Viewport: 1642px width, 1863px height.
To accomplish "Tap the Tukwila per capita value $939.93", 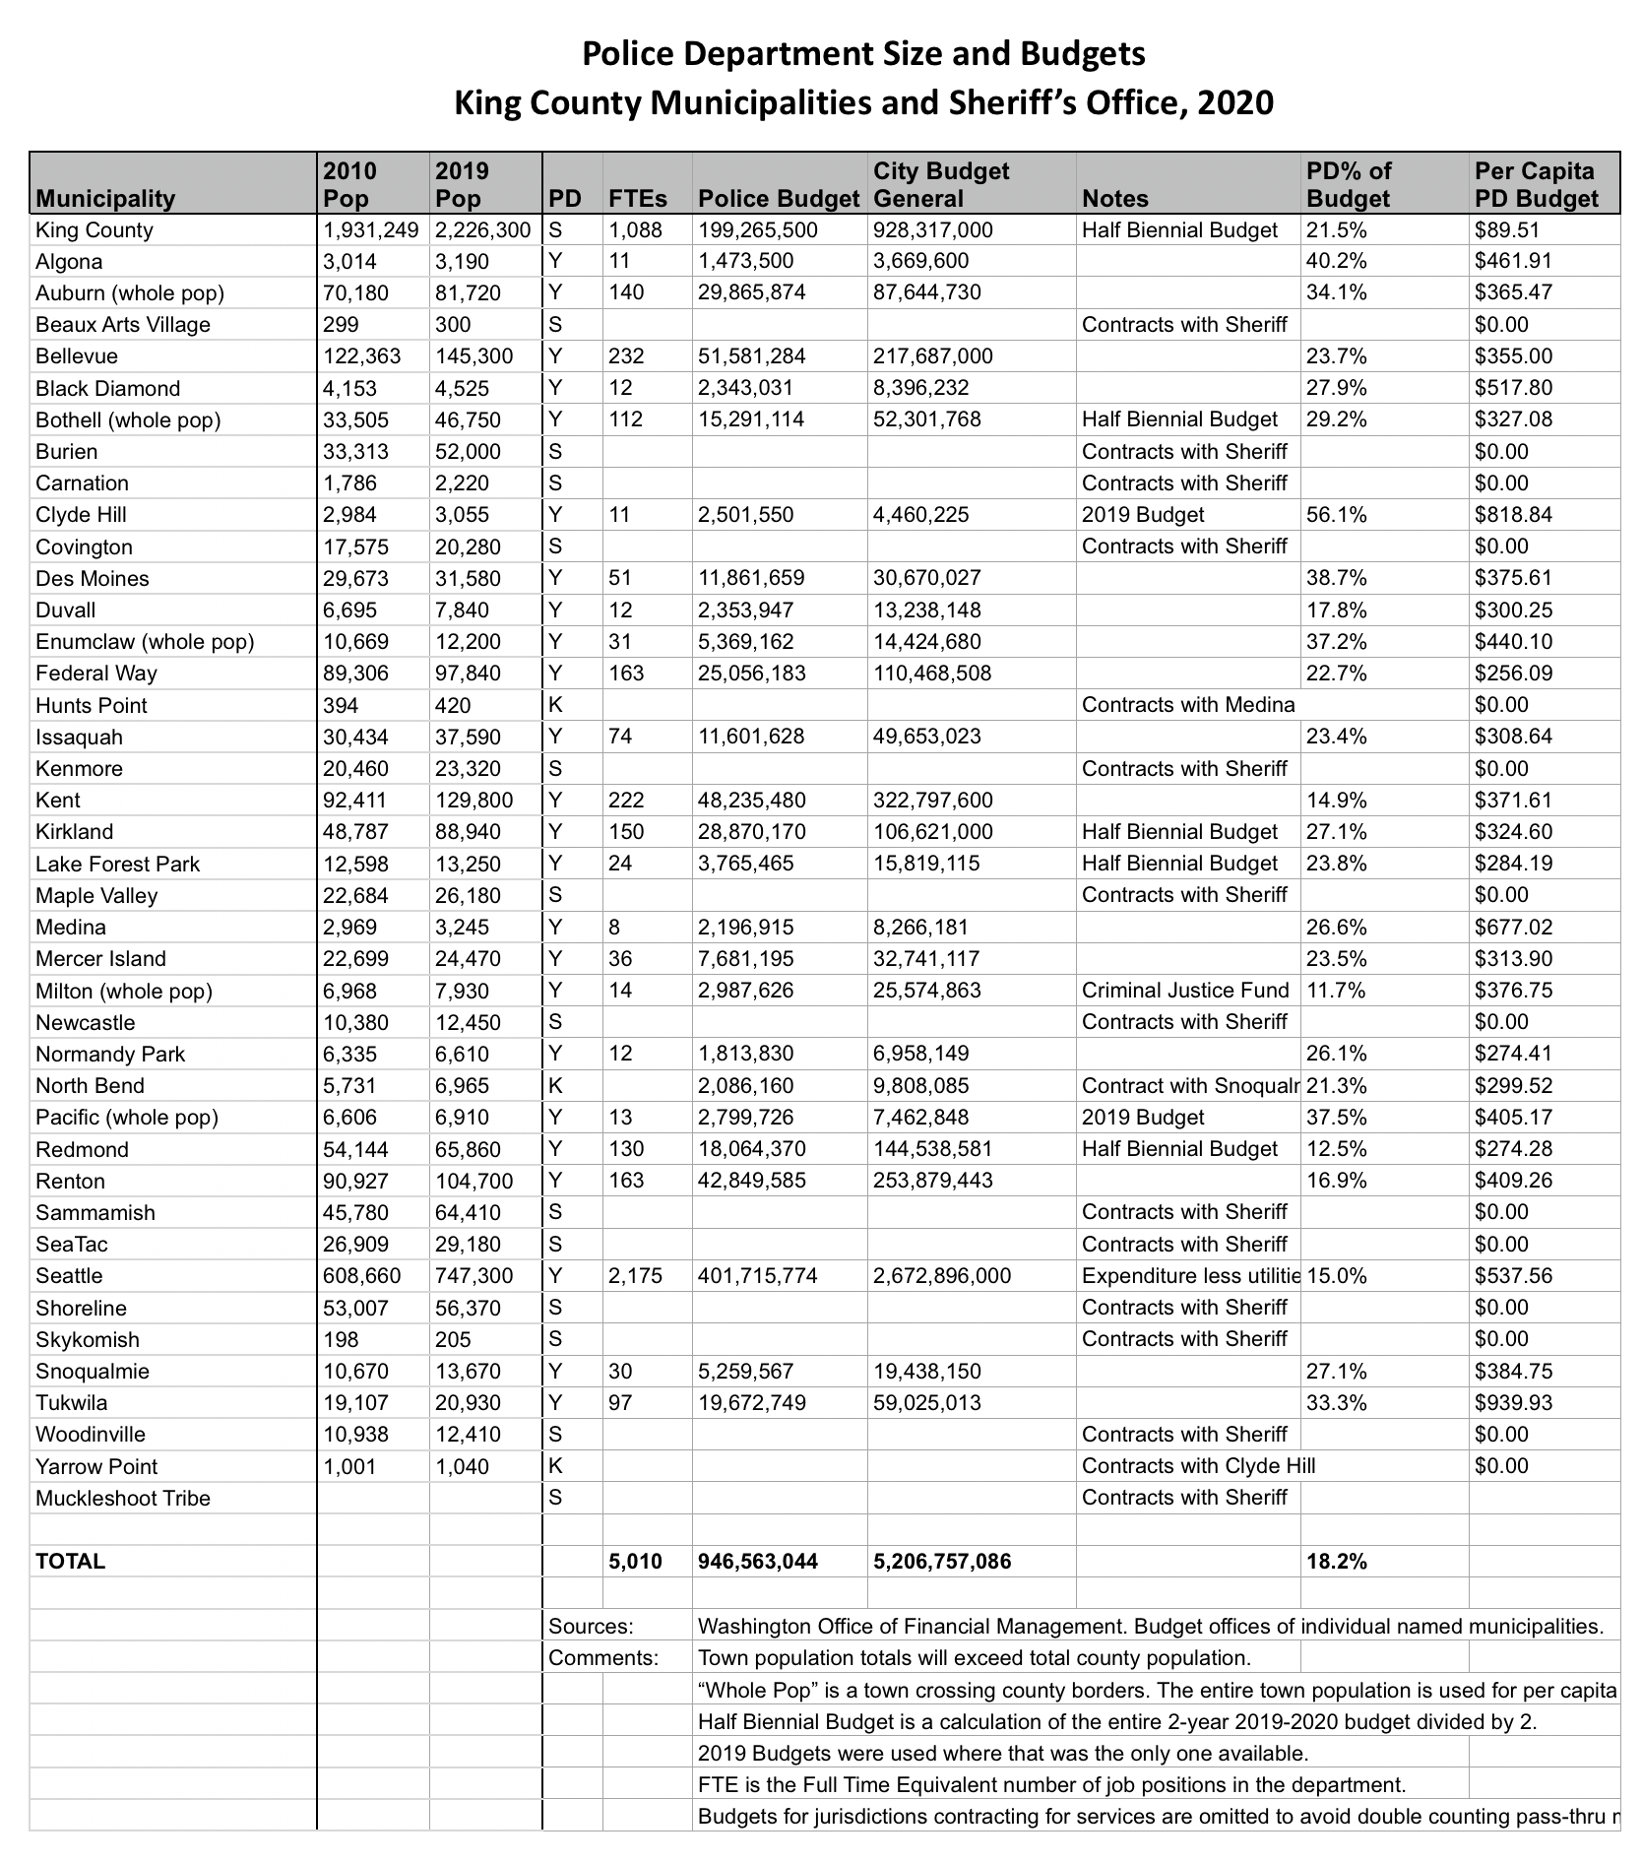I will click(x=1514, y=1402).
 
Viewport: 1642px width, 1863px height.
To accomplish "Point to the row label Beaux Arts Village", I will click(x=123, y=325).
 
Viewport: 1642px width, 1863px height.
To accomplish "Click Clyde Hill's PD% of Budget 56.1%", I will click(x=1336, y=515).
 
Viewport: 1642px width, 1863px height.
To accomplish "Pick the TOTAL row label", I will click(x=70, y=1561).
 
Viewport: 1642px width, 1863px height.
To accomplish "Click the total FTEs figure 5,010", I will click(x=636, y=1561).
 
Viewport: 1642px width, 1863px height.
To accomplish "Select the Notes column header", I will click(x=1115, y=199).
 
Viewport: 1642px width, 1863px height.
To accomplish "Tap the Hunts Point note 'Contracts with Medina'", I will click(x=1187, y=705).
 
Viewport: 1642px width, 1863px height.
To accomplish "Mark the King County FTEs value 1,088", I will click(x=636, y=230).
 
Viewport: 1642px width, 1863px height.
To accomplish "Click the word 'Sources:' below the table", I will click(x=591, y=1626).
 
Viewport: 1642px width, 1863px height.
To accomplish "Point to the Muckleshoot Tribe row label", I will click(x=123, y=1498).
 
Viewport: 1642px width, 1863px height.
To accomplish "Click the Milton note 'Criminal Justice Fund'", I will click(x=1185, y=991).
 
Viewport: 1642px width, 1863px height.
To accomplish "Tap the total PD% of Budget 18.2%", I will click(x=1336, y=1561).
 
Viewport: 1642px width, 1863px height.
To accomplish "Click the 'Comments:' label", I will click(x=602, y=1657).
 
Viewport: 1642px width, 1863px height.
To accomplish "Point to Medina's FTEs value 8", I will click(x=615, y=928).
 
